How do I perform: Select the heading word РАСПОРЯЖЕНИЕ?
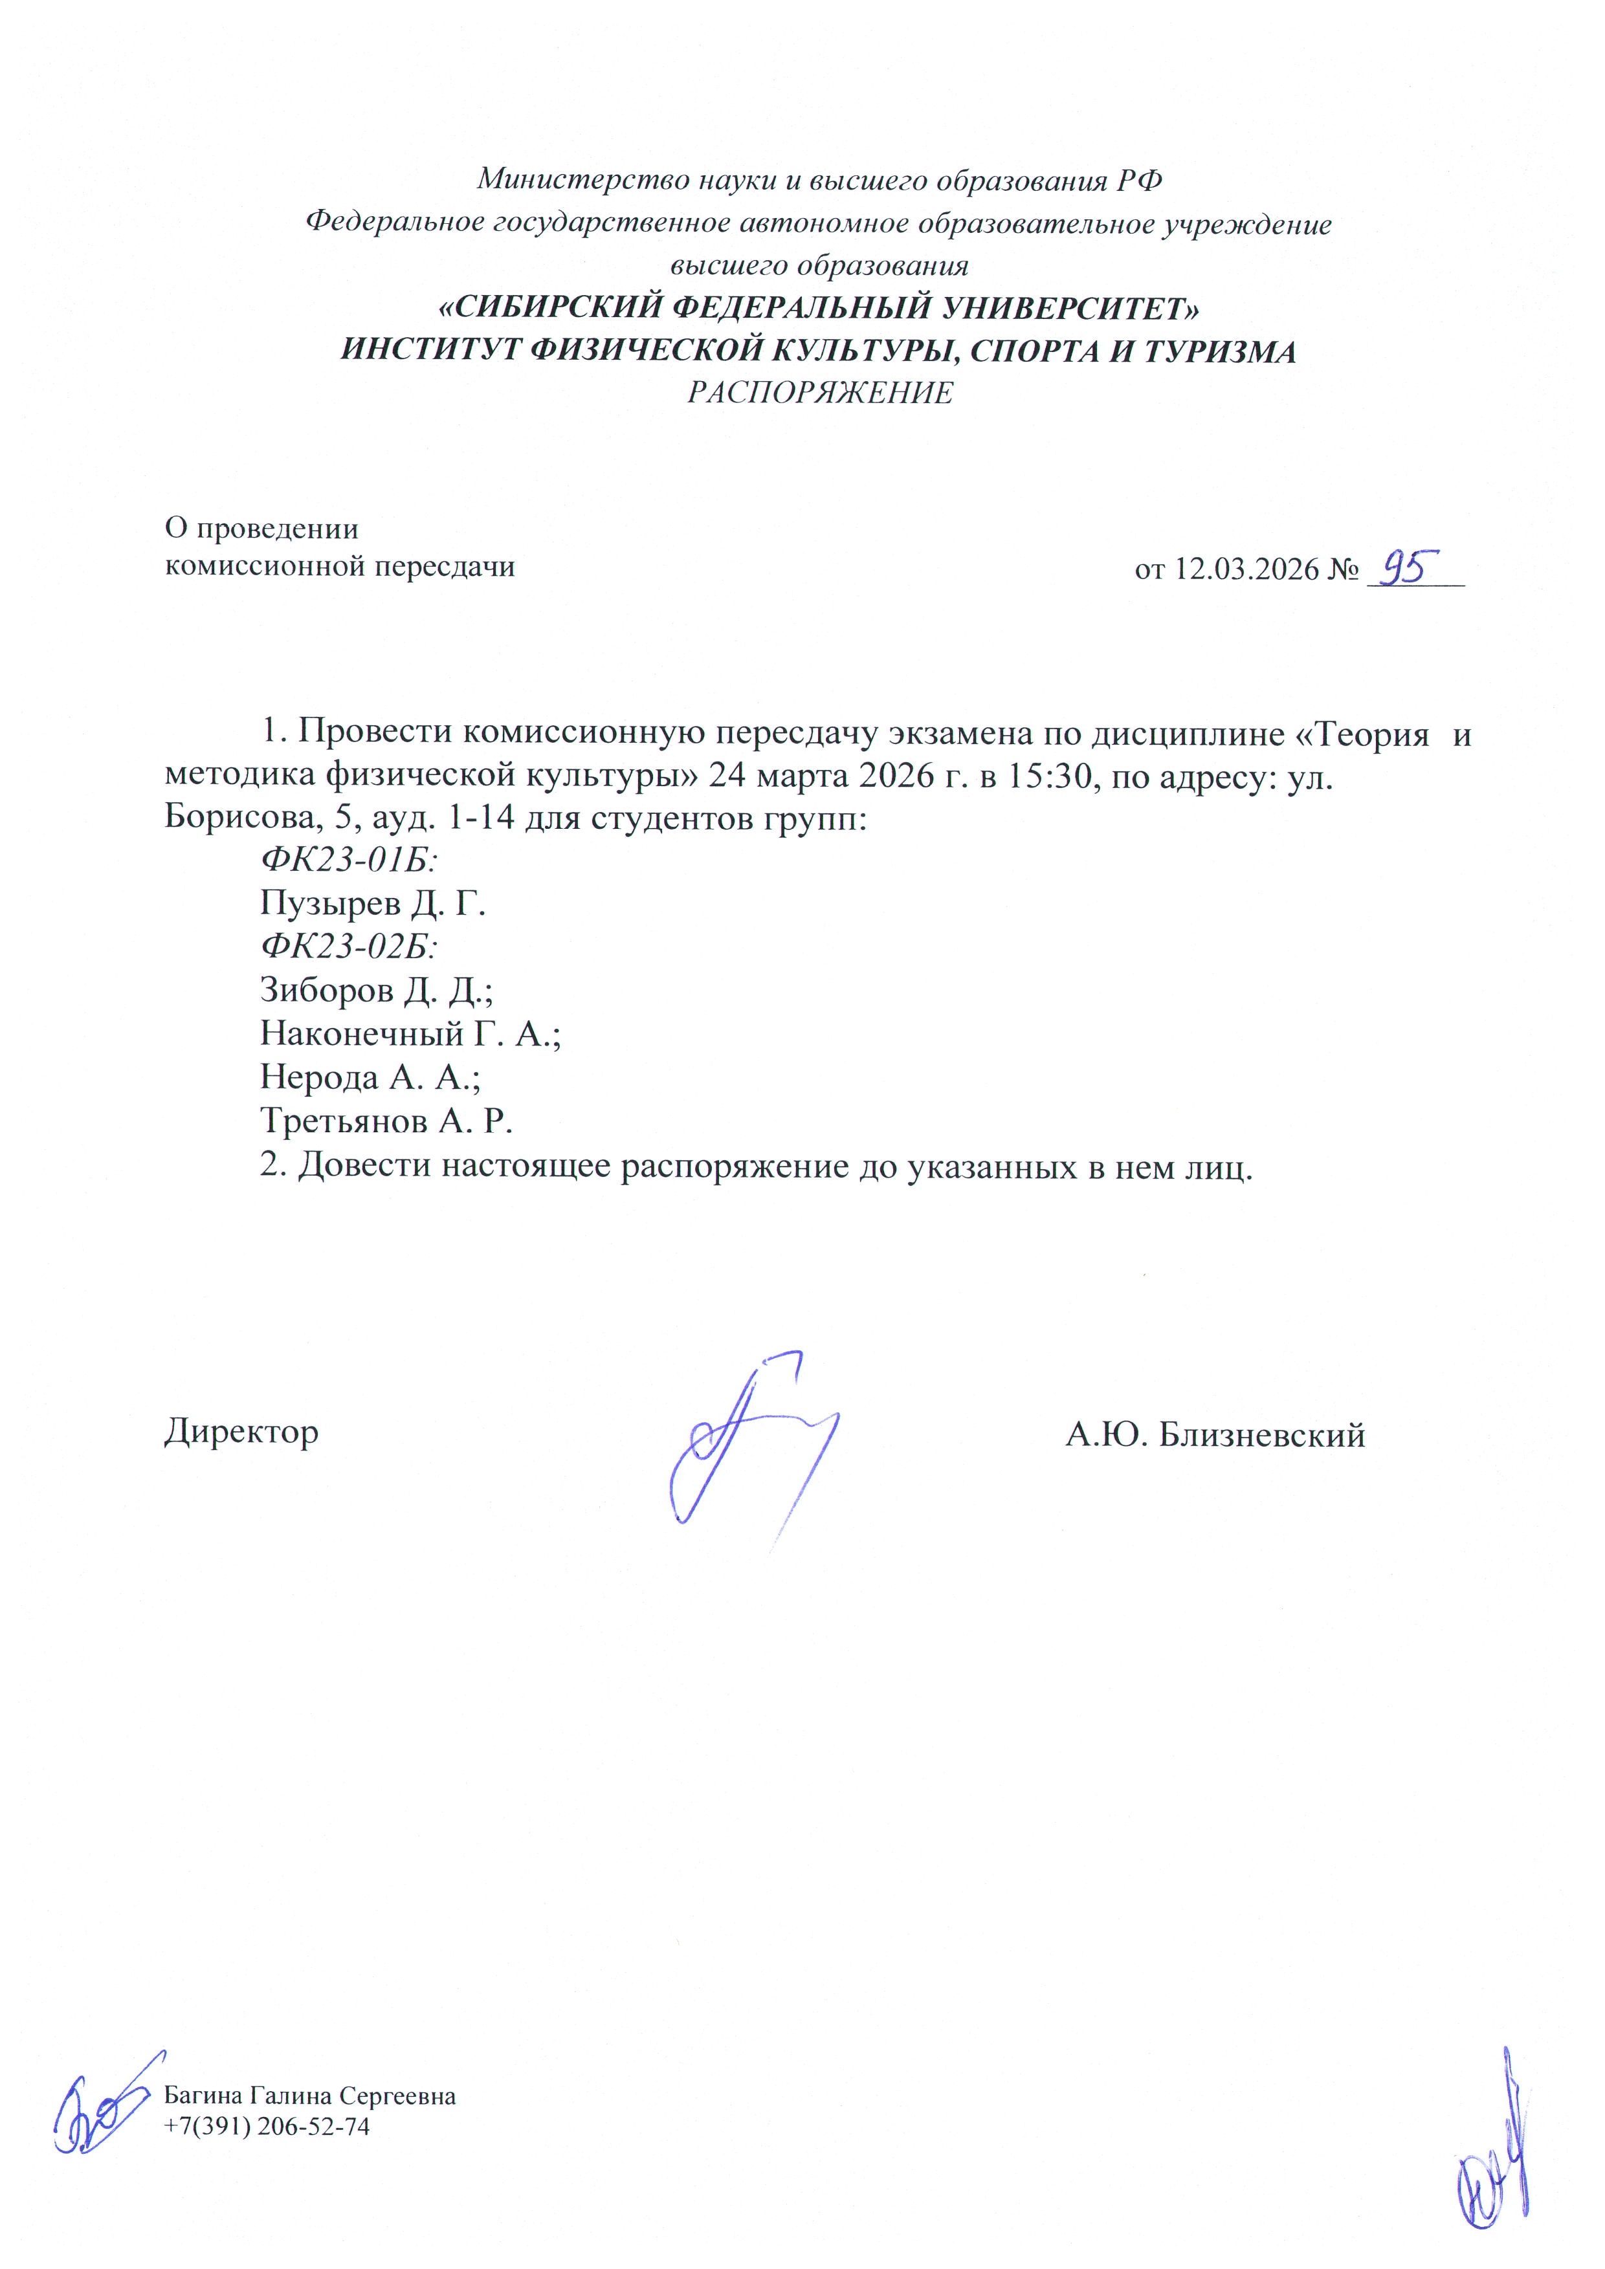point(819,393)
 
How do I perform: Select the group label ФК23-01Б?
point(349,860)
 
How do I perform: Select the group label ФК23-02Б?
point(349,947)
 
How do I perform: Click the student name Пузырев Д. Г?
point(373,903)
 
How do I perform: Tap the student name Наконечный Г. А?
point(409,1034)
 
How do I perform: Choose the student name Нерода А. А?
point(370,1077)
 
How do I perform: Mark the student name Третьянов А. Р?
point(386,1121)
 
